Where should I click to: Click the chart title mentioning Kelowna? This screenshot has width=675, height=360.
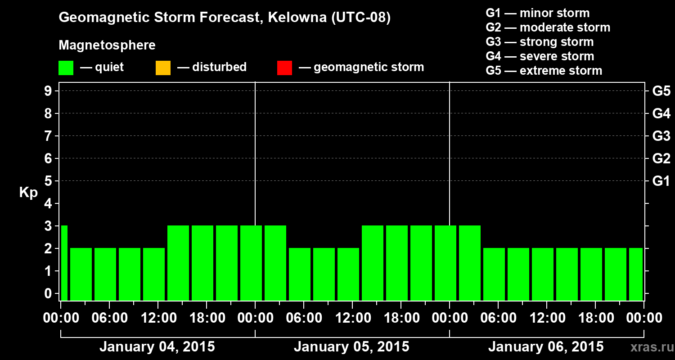click(x=225, y=18)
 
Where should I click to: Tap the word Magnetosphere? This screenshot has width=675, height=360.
click(x=107, y=45)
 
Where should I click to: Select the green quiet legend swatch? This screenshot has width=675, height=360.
click(x=66, y=68)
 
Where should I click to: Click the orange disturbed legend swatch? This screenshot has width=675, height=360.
click(x=163, y=68)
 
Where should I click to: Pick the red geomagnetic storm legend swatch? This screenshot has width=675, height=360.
click(x=284, y=68)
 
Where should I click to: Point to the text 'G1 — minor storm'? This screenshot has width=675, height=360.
click(x=538, y=13)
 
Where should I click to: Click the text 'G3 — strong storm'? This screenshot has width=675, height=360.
click(x=540, y=42)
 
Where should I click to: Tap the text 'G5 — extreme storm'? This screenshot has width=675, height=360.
click(x=544, y=71)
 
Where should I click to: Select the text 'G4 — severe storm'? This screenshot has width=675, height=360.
click(x=540, y=56)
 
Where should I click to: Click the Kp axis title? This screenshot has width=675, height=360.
click(x=28, y=193)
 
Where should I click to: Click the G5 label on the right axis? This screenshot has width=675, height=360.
click(x=661, y=91)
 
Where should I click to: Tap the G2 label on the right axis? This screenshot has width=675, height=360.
click(x=661, y=158)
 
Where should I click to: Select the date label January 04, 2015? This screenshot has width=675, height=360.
click(x=157, y=347)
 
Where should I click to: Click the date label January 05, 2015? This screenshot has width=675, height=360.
click(x=351, y=347)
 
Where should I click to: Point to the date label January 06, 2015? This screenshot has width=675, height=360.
click(x=546, y=347)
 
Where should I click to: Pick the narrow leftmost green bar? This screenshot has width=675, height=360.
click(x=64, y=263)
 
